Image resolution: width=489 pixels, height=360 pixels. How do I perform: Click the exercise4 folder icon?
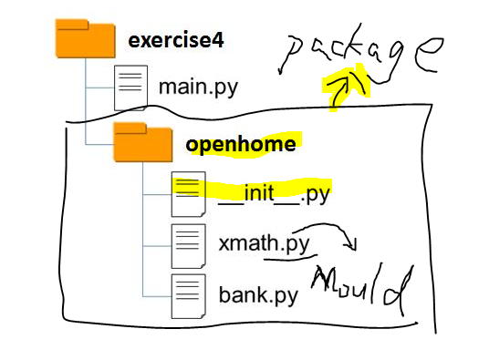[x=85, y=40]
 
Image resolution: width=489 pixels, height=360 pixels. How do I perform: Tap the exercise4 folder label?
[x=177, y=40]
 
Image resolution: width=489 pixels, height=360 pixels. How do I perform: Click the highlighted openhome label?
[x=242, y=143]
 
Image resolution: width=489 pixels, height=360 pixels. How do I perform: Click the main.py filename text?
[x=198, y=88]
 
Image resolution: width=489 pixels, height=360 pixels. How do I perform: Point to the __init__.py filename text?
[x=274, y=194]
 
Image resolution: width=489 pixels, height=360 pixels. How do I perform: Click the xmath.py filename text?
[x=265, y=244]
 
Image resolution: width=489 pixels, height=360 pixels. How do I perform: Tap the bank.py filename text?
[x=258, y=295]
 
